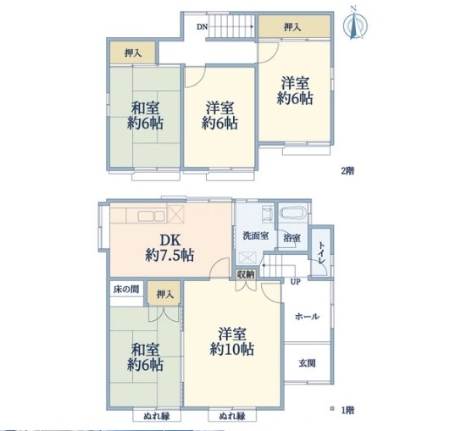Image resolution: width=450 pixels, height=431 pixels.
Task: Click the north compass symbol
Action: coord(355,24)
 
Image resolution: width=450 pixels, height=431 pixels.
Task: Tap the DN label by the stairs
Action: coord(202,26)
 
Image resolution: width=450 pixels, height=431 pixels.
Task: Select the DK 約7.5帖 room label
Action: coord(169,248)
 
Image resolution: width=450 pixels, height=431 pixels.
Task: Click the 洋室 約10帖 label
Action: coord(232,341)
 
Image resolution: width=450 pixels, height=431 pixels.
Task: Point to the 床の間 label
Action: coord(126,289)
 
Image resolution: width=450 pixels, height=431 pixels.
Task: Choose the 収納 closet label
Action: coord(246,274)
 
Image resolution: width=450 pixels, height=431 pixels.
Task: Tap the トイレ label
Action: coord(322,253)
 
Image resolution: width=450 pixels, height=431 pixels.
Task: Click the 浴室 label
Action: coord(292,238)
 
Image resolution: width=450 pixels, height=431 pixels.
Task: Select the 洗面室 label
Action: coord(256,235)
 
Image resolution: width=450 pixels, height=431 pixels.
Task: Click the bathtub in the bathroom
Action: coord(293,213)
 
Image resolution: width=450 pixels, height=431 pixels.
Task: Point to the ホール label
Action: coord(307,317)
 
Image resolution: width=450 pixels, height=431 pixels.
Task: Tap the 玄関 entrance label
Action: coord(307,363)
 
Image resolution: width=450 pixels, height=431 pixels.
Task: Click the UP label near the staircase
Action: coord(295,282)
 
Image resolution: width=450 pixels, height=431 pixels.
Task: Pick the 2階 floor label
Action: coord(347,171)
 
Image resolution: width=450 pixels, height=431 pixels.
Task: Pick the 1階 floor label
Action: coord(347,410)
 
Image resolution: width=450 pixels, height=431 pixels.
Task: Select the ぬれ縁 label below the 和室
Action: coord(157,416)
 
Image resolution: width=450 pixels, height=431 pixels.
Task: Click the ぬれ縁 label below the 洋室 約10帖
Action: coord(232,416)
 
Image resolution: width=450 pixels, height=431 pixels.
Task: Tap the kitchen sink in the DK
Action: coord(151,216)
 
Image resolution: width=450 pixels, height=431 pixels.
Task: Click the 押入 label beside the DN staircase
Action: coord(292,27)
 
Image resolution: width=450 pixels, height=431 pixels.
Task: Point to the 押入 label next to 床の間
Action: coord(165,294)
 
